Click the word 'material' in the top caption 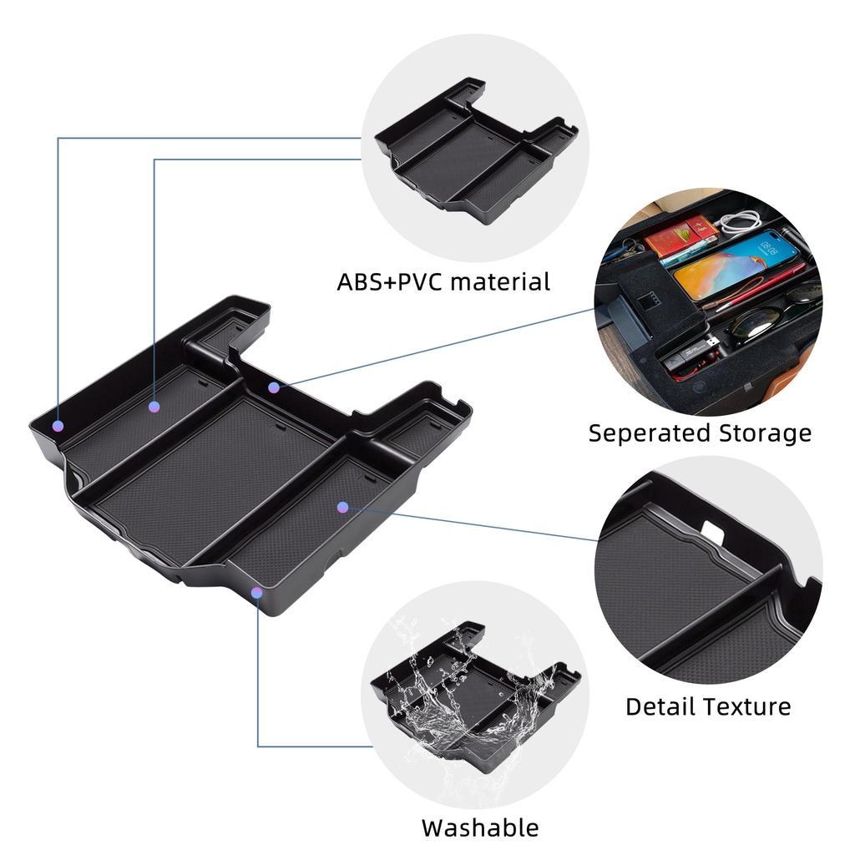tap(500, 282)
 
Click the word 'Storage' tap(765, 434)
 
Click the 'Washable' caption tap(480, 827)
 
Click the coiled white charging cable tap(740, 221)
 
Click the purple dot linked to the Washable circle tap(257, 592)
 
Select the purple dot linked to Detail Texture tap(342, 508)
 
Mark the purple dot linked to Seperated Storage tap(274, 387)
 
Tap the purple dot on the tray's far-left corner tap(58, 426)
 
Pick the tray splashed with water tap(475, 697)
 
